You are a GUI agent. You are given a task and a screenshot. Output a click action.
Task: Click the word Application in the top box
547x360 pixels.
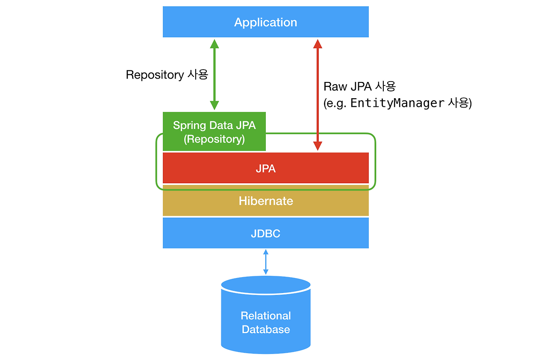265,22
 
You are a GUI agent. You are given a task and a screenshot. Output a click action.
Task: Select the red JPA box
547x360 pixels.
265,168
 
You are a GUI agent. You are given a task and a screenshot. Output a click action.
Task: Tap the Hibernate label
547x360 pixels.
265,201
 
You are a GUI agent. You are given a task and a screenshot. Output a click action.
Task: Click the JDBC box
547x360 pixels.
265,233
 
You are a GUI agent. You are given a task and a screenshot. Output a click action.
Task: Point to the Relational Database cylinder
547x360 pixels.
265,316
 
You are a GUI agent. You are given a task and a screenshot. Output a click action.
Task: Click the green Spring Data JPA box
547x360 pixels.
214,132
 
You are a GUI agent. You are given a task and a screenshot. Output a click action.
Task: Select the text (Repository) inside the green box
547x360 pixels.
214,139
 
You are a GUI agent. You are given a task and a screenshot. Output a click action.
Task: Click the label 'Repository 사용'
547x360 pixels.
167,75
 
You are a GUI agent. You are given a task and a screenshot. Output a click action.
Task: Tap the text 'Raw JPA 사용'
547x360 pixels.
359,86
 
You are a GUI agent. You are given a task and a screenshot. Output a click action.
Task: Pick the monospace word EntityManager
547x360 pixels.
397,103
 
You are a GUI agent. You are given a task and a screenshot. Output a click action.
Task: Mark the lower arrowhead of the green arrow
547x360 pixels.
215,105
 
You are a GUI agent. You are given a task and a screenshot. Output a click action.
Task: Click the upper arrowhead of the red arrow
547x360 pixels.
317,43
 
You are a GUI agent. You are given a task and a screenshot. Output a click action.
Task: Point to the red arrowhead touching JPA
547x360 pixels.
317,146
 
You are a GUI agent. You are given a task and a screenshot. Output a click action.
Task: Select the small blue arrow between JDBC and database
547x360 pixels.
265,262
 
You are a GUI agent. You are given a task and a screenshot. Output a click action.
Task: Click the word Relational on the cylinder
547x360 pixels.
265,316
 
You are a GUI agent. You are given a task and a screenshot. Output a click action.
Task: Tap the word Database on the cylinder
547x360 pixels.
265,329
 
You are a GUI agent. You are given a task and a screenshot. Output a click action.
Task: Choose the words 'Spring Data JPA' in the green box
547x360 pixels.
214,125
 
